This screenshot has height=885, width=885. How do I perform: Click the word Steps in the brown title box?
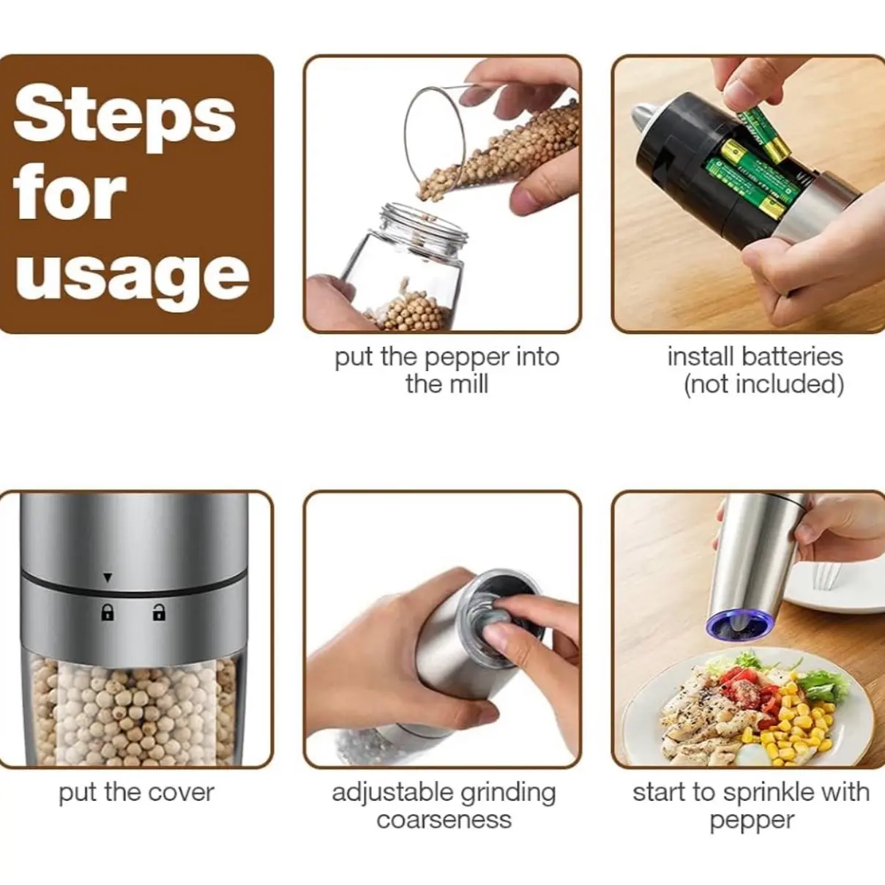[x=124, y=119]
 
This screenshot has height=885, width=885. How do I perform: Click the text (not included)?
[x=763, y=384]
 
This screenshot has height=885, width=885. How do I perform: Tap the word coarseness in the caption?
[x=444, y=821]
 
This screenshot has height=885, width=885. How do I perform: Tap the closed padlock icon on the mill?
[x=108, y=612]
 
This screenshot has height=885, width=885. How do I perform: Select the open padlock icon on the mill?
[x=159, y=612]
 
